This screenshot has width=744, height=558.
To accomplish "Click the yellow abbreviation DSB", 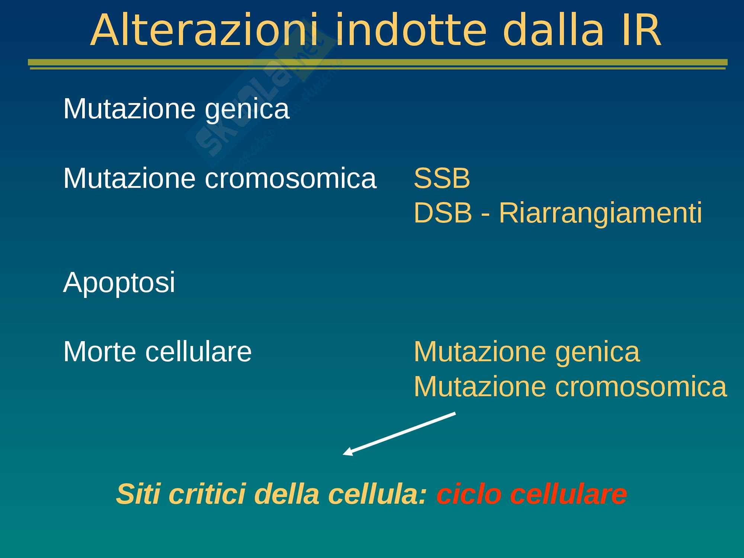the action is click(x=443, y=213).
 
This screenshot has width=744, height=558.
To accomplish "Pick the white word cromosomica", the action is click(x=291, y=179).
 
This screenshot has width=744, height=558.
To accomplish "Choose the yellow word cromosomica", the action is click(x=641, y=387).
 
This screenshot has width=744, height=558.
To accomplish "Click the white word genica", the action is click(x=247, y=110).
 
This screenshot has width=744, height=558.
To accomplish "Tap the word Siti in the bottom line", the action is click(x=139, y=494).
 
